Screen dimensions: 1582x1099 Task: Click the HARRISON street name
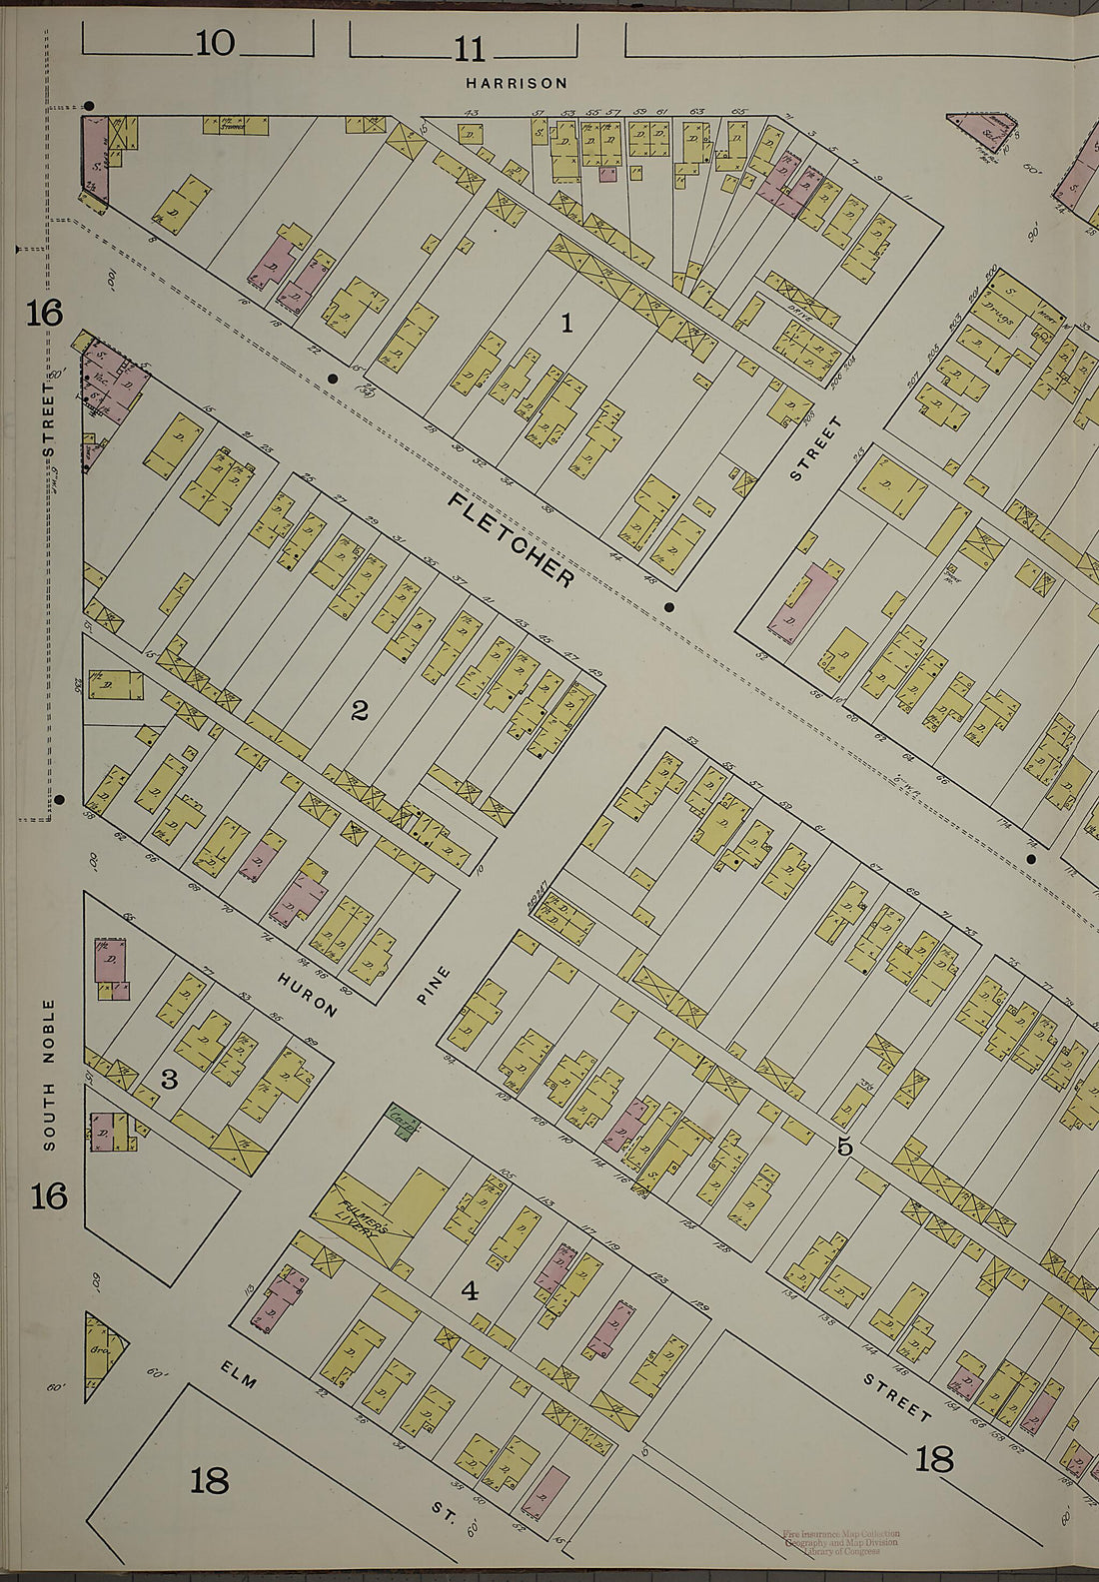click(x=517, y=83)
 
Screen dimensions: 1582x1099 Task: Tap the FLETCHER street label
click(x=512, y=539)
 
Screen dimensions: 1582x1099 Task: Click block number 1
click(x=566, y=323)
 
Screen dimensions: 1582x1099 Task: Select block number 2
click(x=360, y=711)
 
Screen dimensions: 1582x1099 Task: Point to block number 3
click(x=169, y=1080)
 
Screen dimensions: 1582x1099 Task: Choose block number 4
click(x=469, y=1291)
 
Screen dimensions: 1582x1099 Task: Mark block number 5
click(x=844, y=1147)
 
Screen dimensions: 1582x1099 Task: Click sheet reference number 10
click(x=215, y=43)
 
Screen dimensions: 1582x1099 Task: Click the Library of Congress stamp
click(x=840, y=1542)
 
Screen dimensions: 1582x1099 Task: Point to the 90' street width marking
click(x=1032, y=233)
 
